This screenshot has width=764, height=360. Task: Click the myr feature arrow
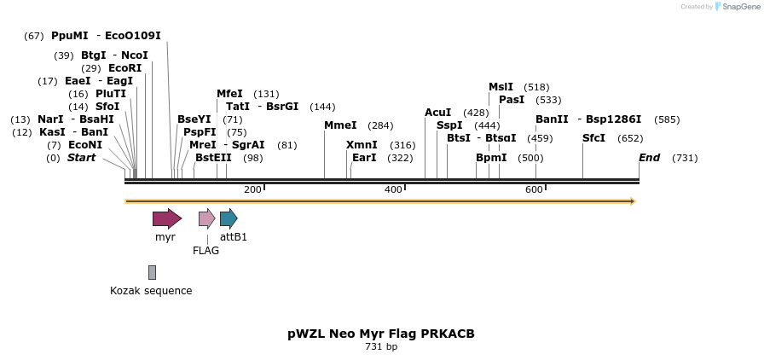tap(166, 218)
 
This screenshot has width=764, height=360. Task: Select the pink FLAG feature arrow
tap(206, 218)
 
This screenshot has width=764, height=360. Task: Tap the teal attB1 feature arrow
tap(228, 218)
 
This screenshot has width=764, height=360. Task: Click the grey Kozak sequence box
tap(152, 272)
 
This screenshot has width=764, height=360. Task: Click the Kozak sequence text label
tap(151, 291)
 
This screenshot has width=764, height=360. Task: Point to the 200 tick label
tap(252, 189)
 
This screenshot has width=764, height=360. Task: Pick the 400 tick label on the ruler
tap(393, 189)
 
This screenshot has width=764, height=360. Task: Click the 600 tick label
tap(534, 189)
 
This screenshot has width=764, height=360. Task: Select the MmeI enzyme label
tap(340, 125)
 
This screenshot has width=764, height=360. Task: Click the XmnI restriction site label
tap(362, 145)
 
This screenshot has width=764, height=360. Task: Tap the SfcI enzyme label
tap(593, 138)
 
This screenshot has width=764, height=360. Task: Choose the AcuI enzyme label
tap(437, 113)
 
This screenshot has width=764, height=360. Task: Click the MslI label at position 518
tap(501, 87)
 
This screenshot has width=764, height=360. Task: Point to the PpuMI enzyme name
tap(69, 36)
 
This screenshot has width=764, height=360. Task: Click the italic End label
tap(649, 158)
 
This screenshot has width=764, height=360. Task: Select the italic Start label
tap(81, 158)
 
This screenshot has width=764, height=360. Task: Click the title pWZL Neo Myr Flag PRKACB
tap(381, 334)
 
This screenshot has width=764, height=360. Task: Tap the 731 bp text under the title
tap(381, 347)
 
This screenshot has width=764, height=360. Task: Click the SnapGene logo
tap(736, 7)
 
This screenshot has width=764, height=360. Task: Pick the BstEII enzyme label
tap(213, 158)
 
